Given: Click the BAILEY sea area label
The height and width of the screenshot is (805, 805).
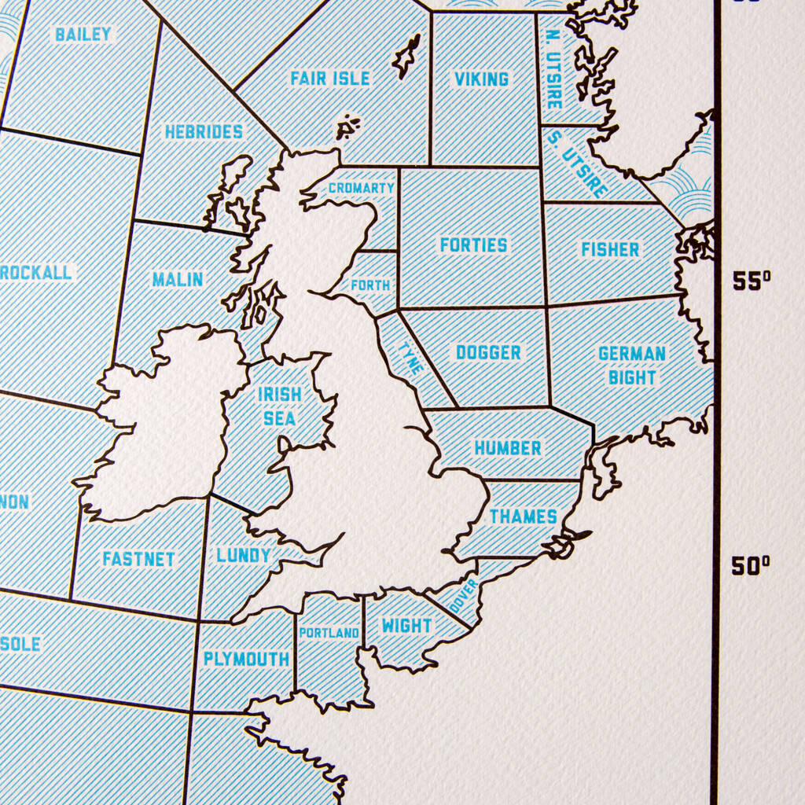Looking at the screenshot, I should pyautogui.click(x=83, y=34).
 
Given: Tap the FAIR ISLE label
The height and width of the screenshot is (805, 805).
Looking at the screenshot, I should pyautogui.click(x=330, y=79).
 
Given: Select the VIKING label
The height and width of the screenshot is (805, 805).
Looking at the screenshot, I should pyautogui.click(x=481, y=79).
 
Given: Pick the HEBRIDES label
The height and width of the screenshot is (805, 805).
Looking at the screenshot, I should pyautogui.click(x=204, y=132).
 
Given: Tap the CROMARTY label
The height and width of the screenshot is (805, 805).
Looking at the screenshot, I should pyautogui.click(x=361, y=189).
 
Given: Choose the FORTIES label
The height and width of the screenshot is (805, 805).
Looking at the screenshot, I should pyautogui.click(x=473, y=245).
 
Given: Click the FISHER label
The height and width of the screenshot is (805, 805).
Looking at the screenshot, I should pyautogui.click(x=610, y=250).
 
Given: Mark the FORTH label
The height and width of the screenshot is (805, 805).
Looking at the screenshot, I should pyautogui.click(x=370, y=285).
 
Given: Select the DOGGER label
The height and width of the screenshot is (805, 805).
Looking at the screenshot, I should pyautogui.click(x=488, y=353).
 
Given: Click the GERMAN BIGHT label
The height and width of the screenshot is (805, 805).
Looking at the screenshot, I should pyautogui.click(x=632, y=366).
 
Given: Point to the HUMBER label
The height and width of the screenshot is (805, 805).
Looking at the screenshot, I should pyautogui.click(x=508, y=448).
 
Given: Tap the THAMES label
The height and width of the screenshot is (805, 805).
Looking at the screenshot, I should pyautogui.click(x=524, y=516).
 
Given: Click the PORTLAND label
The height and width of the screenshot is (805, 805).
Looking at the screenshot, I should pyautogui.click(x=329, y=633).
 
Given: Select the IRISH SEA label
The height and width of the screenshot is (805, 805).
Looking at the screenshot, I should pyautogui.click(x=280, y=406).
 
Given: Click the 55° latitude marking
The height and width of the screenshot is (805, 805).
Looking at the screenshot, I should pyautogui.click(x=752, y=281).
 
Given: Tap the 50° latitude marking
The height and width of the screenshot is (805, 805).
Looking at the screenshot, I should pyautogui.click(x=751, y=565).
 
